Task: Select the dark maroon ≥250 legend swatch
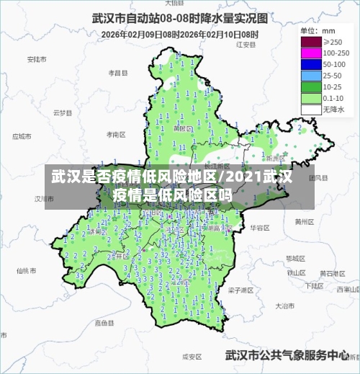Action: click(x=310, y=43)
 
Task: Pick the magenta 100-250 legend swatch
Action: click(x=310, y=53)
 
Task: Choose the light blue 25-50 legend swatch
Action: click(x=310, y=76)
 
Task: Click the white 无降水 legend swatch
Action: click(x=310, y=110)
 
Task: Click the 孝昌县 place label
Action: click(x=117, y=73)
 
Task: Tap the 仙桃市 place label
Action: click(x=26, y=270)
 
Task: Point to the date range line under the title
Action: click(x=179, y=33)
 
